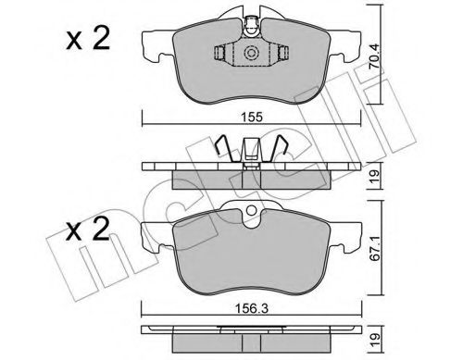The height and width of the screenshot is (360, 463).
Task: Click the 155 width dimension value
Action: (252, 117)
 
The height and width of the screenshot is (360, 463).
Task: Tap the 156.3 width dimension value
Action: (252, 308)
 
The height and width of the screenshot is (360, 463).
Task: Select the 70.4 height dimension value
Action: (374, 56)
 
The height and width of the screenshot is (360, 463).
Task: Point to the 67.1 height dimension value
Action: (374, 247)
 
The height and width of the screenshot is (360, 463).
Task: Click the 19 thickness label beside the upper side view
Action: (374, 176)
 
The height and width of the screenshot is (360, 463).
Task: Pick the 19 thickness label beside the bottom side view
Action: (374, 341)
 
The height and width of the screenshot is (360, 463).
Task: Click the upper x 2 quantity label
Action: (88, 39)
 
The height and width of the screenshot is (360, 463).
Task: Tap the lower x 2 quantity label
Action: (88, 230)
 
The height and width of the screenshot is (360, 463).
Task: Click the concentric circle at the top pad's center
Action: (250, 53)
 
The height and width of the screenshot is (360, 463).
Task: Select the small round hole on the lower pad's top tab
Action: (252, 211)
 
